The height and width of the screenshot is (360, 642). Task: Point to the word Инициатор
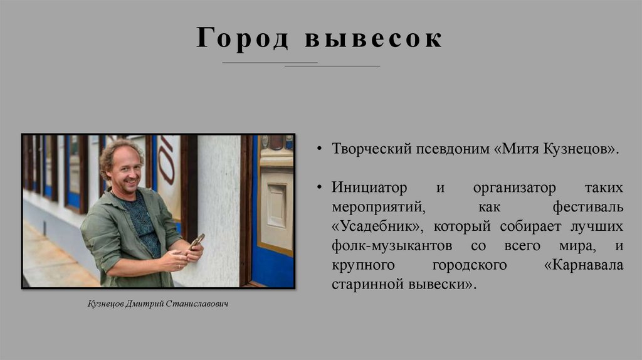369,188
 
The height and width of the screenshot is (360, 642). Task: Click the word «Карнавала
584,265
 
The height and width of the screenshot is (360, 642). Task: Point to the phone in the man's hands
197,241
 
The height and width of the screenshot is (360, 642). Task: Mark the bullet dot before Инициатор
319,188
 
